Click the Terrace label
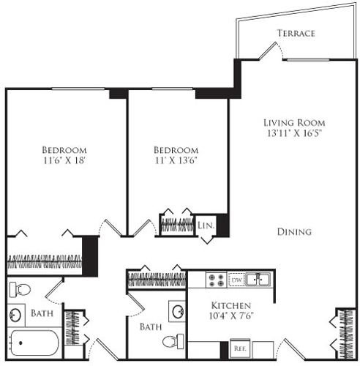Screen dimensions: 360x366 296,33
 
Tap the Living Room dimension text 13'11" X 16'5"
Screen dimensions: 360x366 294,133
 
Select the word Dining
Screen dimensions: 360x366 294,232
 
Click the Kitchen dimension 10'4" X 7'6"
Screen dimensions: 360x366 231,315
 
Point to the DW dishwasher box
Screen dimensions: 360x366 236,280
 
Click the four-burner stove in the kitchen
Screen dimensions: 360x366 215,280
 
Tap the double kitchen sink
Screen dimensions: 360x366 258,280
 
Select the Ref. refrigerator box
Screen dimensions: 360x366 240,348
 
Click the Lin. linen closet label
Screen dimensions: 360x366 206,225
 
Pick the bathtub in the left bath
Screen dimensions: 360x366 34,343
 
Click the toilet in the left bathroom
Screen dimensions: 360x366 20,289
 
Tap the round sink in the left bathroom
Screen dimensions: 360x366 15,315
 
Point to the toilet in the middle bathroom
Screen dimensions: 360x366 173,341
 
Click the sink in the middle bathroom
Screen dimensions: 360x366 178,311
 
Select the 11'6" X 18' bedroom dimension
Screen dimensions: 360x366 64,160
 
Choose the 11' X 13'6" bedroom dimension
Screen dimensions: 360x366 176,160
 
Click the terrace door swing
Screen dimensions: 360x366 271,51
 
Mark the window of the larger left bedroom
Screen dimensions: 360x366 78,89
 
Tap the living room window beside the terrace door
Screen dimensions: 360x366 308,59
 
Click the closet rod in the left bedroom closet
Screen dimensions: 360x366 45,262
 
